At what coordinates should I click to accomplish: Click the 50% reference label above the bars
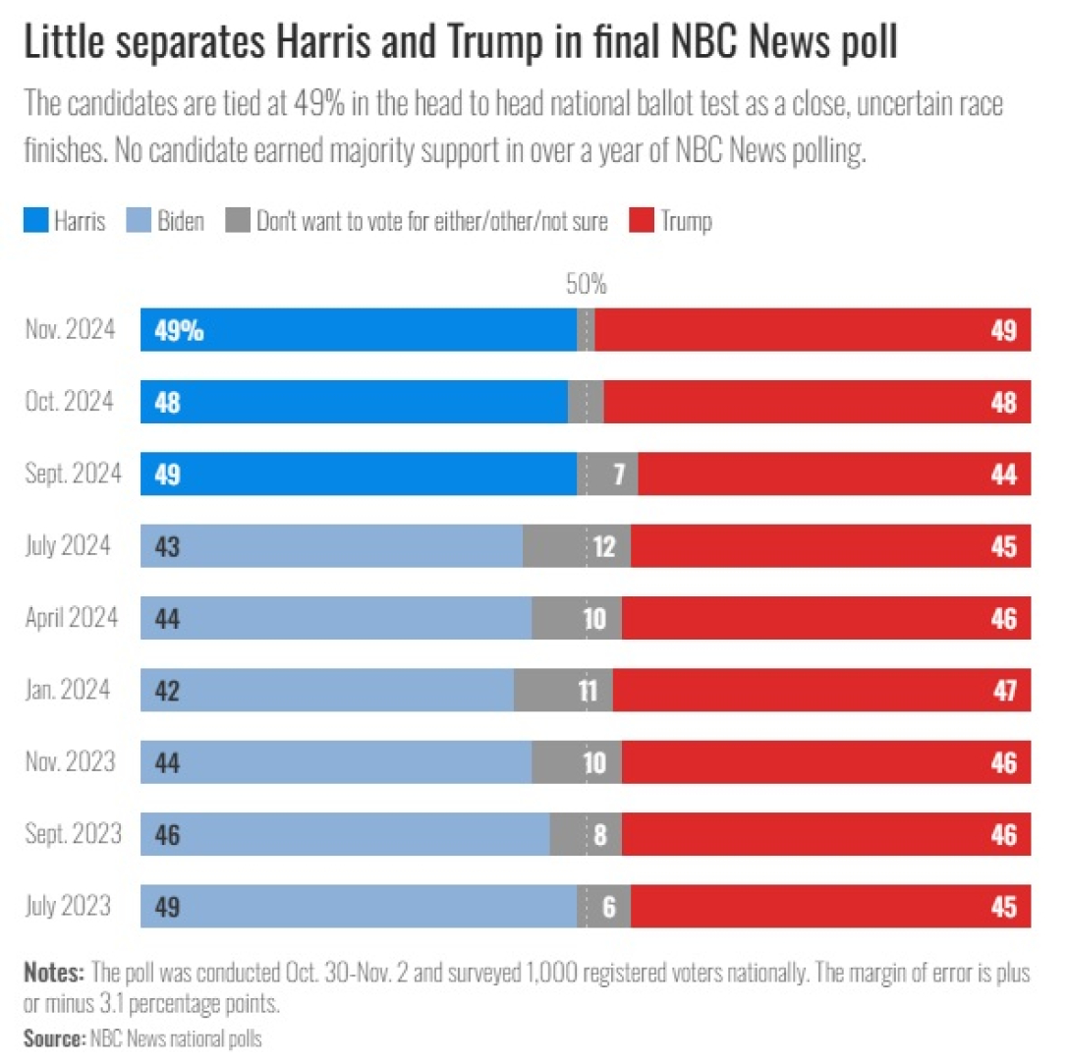pos(587,286)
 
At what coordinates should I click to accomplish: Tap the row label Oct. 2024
pos(69,402)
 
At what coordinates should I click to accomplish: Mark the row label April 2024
pos(71,619)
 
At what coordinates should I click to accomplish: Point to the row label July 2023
pos(69,907)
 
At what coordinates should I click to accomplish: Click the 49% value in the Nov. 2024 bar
pos(179,331)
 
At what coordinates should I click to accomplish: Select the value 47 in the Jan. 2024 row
pos(1003,692)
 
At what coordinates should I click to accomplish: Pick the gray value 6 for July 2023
pos(609,908)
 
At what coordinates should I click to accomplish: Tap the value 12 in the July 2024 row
pos(605,547)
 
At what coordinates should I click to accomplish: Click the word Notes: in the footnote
pos(54,975)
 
